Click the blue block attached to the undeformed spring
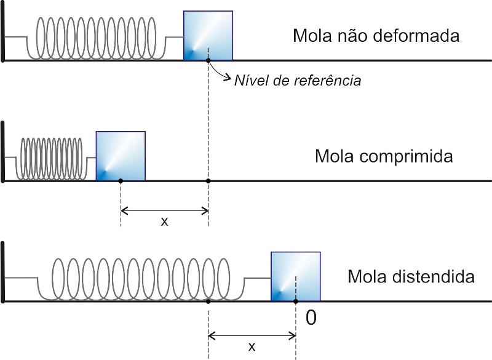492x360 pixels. [x=208, y=35]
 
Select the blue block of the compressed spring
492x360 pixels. [x=121, y=156]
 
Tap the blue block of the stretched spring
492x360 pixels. [x=296, y=276]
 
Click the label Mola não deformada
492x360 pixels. [x=376, y=36]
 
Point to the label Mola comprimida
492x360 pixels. [x=384, y=156]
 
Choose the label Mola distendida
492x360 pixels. [x=411, y=276]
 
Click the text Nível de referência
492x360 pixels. [x=298, y=80]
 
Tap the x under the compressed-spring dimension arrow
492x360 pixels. [x=164, y=222]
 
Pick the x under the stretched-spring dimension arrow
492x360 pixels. [x=252, y=346]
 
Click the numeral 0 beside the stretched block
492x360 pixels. [x=311, y=318]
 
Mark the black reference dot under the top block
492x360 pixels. [x=208, y=60]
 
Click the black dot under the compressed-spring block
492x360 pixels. [x=121, y=180]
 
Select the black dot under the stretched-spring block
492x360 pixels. [x=296, y=301]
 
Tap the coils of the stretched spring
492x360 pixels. [x=141, y=278]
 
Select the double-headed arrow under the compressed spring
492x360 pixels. [x=164, y=211]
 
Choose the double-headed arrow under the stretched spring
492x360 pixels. [x=252, y=336]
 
